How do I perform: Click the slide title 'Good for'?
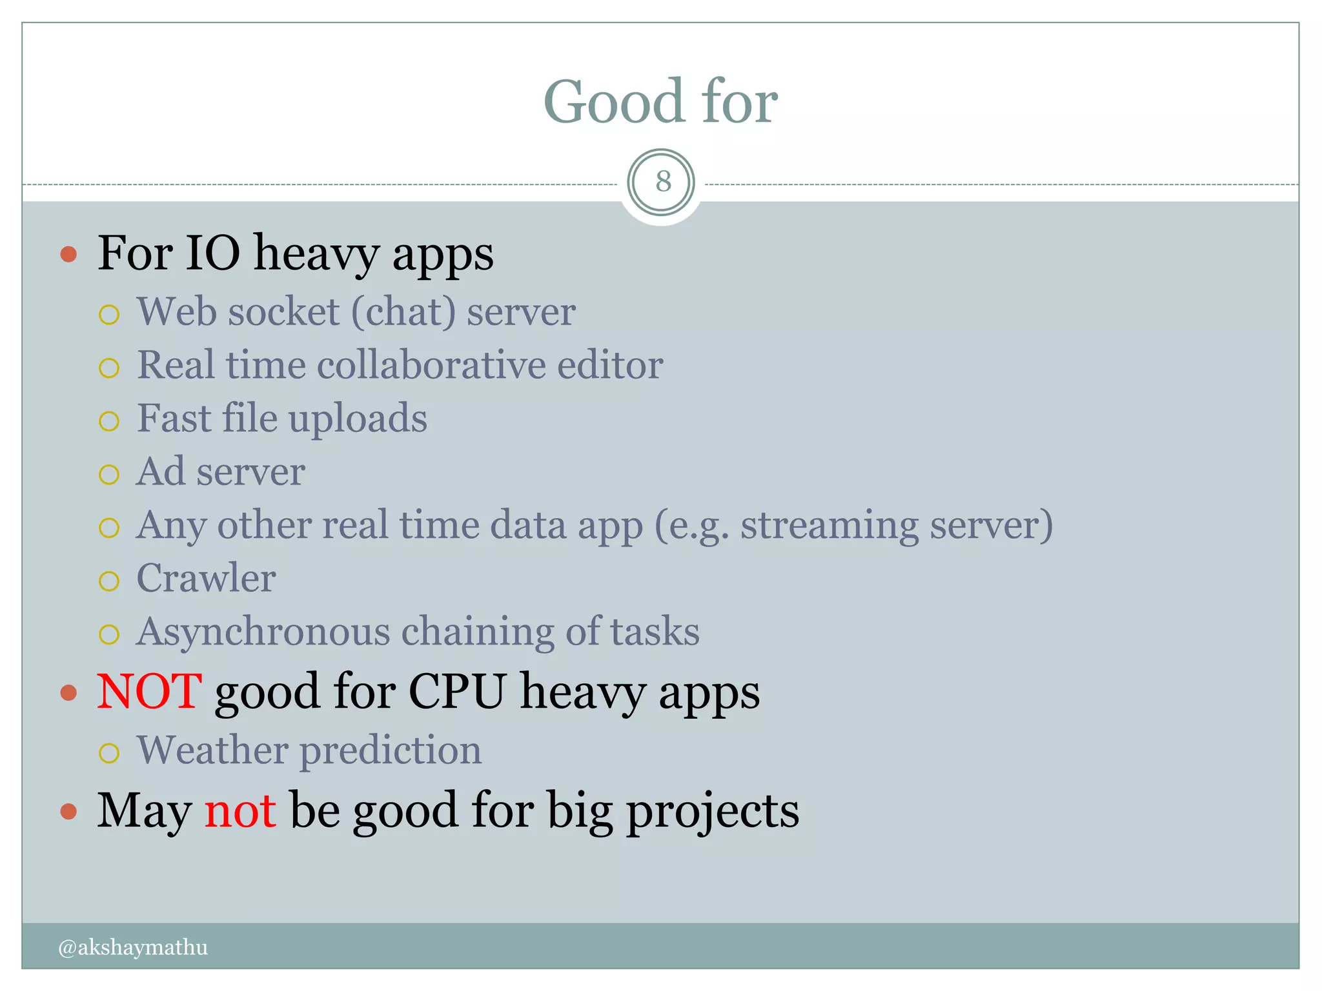tap(660, 101)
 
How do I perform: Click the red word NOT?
tap(149, 692)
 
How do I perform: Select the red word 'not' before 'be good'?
tap(240, 810)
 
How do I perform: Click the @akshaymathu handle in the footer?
tap(133, 946)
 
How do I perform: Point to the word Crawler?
tap(206, 578)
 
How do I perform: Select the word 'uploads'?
tap(358, 419)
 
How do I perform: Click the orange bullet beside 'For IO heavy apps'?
tap(68, 254)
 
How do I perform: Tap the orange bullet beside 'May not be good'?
tap(68, 811)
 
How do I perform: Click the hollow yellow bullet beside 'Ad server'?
tap(109, 475)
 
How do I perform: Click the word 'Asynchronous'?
tap(263, 632)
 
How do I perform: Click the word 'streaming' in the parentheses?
tap(829, 526)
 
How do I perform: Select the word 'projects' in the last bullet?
tap(713, 812)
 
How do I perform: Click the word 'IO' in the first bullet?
tap(212, 253)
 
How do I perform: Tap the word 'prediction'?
tap(391, 751)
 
